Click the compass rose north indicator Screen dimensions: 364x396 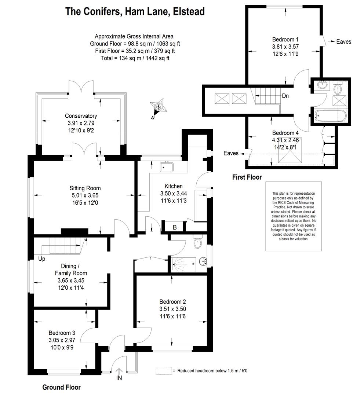(x=158, y=107)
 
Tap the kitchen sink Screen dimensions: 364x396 (x=166, y=167)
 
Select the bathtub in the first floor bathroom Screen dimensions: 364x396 (x=330, y=116)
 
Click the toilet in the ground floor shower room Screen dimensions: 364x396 (x=197, y=242)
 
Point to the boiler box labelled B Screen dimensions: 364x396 (x=175, y=227)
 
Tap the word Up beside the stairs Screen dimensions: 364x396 (x=42, y=259)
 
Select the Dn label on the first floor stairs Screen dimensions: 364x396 (x=285, y=96)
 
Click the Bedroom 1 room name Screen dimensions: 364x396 (x=285, y=39)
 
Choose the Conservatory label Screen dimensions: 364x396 (x=81, y=116)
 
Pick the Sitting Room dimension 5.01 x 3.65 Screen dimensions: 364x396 (x=85, y=195)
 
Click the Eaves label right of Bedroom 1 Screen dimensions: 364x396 (x=343, y=42)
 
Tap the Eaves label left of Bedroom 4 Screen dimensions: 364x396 (x=231, y=153)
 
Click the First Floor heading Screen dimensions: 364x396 (x=247, y=177)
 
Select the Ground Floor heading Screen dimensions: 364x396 (x=61, y=387)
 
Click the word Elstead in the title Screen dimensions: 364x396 (x=189, y=12)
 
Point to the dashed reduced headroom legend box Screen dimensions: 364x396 (x=164, y=370)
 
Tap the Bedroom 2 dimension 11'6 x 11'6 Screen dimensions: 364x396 (x=173, y=316)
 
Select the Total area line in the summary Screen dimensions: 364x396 (x=135, y=58)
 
